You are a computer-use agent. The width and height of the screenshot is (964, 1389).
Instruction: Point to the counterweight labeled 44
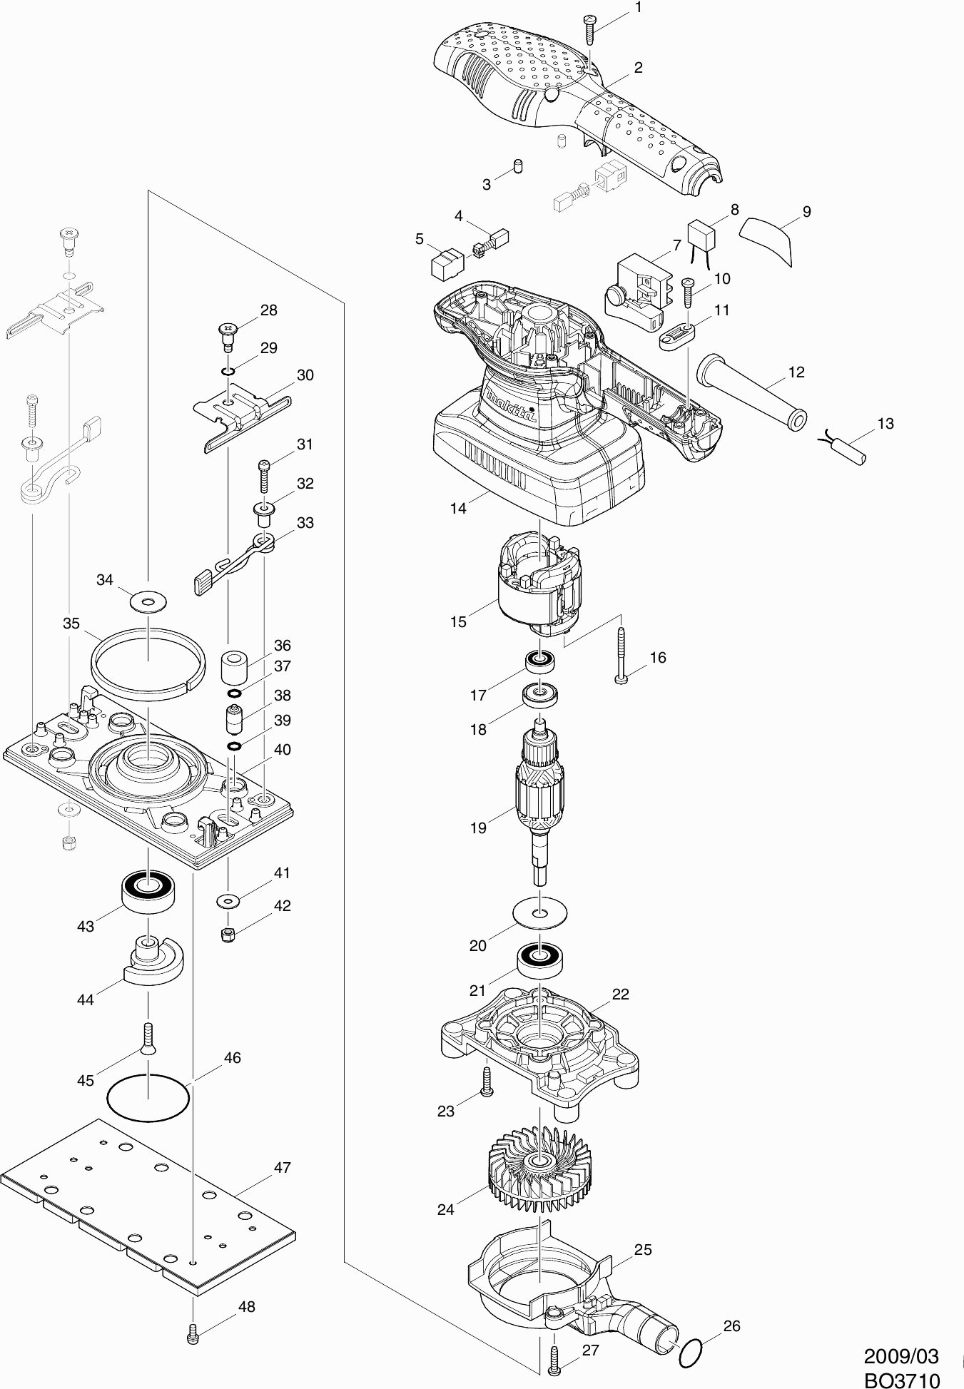[152, 960]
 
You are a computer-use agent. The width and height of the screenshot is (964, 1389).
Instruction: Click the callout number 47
[283, 1168]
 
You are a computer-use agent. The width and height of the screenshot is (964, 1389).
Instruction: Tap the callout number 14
[458, 508]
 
